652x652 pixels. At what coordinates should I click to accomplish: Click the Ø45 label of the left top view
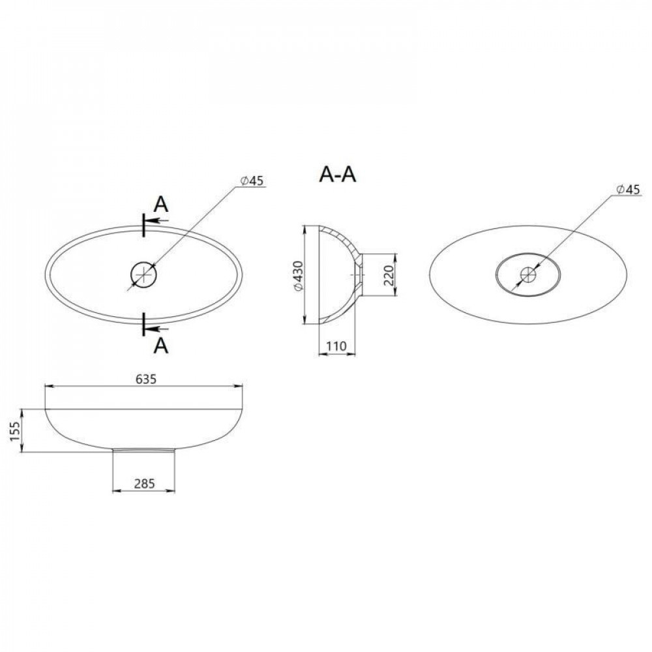pos(251,182)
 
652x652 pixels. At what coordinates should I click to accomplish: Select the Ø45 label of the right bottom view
pos(627,190)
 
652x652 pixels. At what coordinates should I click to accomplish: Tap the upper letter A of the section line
pos(161,204)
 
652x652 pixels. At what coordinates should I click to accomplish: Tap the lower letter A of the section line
pos(161,346)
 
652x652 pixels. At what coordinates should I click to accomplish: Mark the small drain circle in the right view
pos(528,275)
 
